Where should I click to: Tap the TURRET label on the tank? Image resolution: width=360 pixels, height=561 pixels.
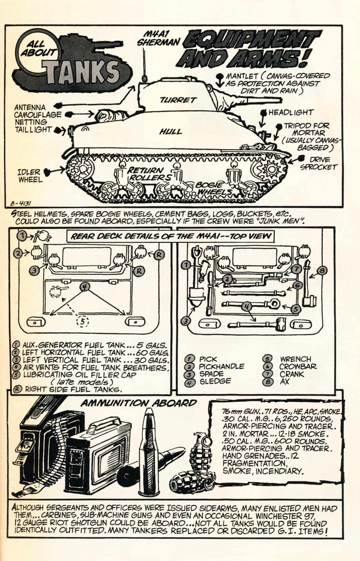coord(178,100)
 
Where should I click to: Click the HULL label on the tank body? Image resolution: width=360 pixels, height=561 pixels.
coord(170,131)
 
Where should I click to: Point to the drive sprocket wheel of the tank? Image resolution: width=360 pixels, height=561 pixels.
coord(271,169)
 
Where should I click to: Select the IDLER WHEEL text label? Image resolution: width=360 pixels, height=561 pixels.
coord(29,176)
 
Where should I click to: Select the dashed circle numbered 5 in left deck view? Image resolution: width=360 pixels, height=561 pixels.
coord(82,321)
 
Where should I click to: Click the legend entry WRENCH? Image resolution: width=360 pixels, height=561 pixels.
coord(295,359)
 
